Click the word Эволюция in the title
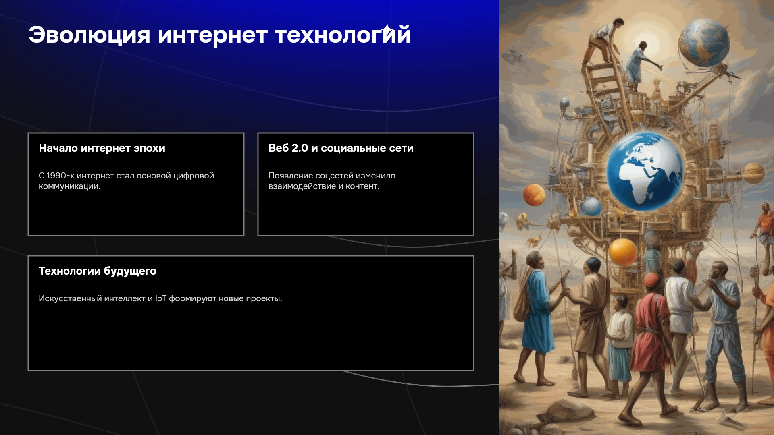pyautogui.click(x=89, y=35)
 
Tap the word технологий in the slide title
pyautogui.click(x=343, y=35)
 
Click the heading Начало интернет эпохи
pyautogui.click(x=102, y=148)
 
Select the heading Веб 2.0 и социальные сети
pyautogui.click(x=341, y=148)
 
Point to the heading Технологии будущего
pyautogui.click(x=98, y=271)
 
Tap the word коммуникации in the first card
pyautogui.click(x=69, y=186)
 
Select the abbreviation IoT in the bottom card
pyautogui.click(x=161, y=298)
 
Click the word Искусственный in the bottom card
pyautogui.click(x=70, y=298)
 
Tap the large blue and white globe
pyautogui.click(x=644, y=172)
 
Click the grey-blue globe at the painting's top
pyautogui.click(x=704, y=42)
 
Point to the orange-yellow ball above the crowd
pyautogui.click(x=622, y=252)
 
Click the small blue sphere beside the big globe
pyautogui.click(x=592, y=206)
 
